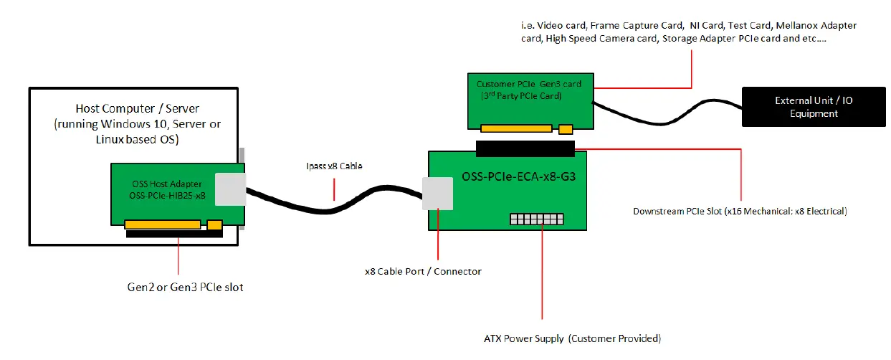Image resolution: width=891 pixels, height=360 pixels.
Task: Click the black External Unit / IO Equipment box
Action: click(x=814, y=107)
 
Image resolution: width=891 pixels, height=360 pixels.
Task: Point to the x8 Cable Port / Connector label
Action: click(x=423, y=271)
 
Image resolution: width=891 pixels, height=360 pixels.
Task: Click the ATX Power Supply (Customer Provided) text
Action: click(x=572, y=338)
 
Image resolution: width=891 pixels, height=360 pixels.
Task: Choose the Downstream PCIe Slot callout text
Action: click(x=740, y=212)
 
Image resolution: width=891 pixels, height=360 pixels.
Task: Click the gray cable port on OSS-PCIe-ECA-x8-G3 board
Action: click(x=438, y=194)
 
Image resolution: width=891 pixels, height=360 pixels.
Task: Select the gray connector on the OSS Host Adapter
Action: click(x=230, y=190)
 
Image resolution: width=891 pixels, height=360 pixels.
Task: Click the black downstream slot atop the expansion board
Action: click(x=525, y=148)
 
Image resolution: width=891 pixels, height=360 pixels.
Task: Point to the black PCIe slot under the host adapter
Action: click(x=174, y=234)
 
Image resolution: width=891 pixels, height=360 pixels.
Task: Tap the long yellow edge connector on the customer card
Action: click(x=516, y=129)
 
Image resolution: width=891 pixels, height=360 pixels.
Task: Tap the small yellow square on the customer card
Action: click(x=566, y=129)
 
